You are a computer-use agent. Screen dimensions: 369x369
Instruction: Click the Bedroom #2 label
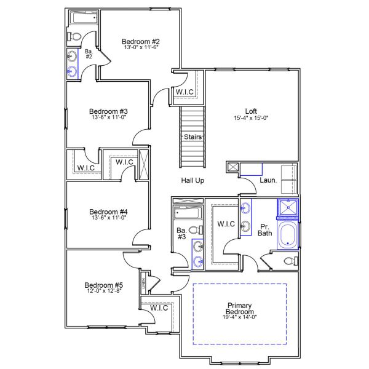pos(141,42)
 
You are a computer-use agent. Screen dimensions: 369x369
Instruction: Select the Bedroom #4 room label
pos(108,210)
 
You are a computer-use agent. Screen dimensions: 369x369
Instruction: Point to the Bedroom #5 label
pos(104,285)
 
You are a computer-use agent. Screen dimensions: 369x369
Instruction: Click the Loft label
pos(251,111)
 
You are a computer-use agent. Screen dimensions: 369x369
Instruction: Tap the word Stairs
pos(192,137)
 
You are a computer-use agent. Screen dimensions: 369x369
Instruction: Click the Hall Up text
pos(192,181)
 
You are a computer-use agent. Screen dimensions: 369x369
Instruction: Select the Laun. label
pos(268,181)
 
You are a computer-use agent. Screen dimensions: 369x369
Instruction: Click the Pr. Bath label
pos(265,229)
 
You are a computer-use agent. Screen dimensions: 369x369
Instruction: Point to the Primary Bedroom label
pos(239,309)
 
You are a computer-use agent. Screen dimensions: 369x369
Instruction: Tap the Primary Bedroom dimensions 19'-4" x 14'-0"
pos(239,317)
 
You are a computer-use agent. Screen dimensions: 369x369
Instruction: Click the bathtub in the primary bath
pos(287,236)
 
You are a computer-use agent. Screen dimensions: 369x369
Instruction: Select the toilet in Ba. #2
pos(76,38)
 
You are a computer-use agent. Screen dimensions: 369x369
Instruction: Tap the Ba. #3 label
pos(181,232)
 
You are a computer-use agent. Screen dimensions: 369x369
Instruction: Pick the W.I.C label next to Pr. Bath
pos(226,224)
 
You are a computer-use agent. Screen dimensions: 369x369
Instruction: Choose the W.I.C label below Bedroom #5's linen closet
pos(159,308)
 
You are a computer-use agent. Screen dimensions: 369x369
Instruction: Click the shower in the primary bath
pos(287,209)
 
